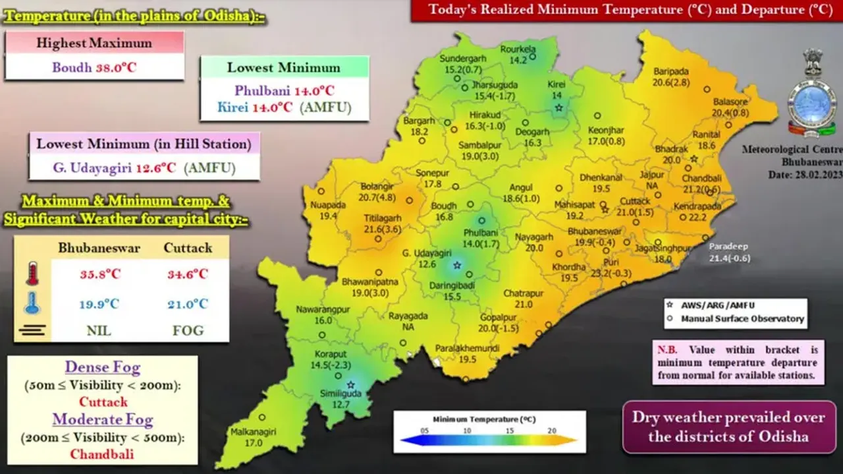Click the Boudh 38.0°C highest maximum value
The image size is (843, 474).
[94, 68]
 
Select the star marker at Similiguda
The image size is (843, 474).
[350, 384]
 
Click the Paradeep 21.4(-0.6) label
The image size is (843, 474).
[728, 252]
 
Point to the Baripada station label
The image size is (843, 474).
[671, 71]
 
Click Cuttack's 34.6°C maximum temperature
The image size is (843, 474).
[188, 274]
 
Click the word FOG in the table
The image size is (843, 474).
[188, 330]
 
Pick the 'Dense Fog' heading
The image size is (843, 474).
[102, 368]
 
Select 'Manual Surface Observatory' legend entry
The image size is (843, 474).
[742, 318]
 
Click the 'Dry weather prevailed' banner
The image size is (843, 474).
[728, 427]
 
